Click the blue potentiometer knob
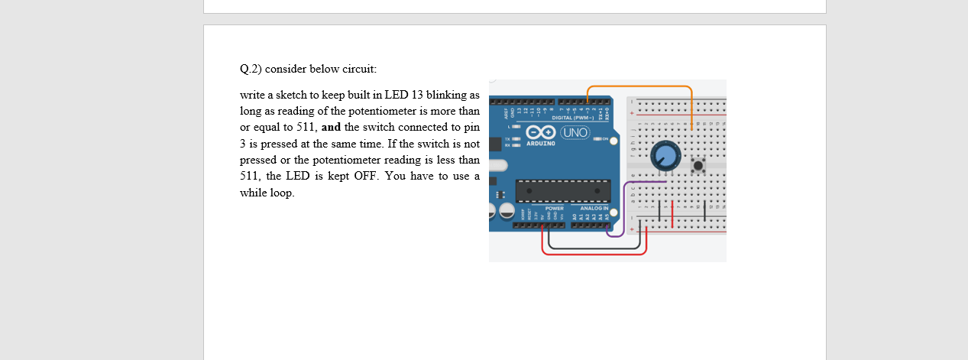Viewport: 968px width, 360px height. [x=664, y=157]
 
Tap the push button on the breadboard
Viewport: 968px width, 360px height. [x=698, y=166]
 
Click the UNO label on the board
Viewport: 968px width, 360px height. [x=575, y=132]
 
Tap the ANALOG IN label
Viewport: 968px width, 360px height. [x=594, y=208]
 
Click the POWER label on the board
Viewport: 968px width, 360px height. [x=555, y=208]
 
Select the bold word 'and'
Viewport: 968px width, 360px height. [x=331, y=127]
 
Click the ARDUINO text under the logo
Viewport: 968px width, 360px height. [x=541, y=144]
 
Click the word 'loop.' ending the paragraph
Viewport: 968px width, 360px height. [x=280, y=192]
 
